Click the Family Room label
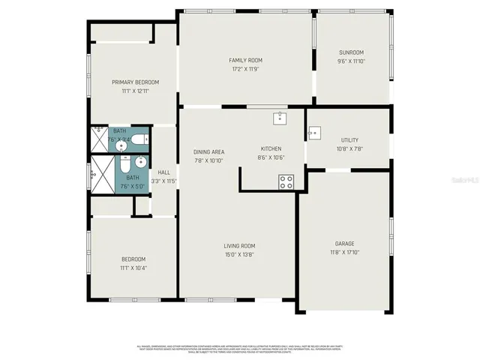point(245,60)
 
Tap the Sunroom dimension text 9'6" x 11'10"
point(351,61)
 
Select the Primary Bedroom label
point(135,82)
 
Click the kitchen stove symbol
point(286,181)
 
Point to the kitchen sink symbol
point(279,118)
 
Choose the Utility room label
point(349,140)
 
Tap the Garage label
point(344,243)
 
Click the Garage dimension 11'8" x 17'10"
point(344,253)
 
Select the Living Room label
point(239,246)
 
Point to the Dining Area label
point(209,151)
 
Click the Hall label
point(163,172)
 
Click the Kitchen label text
point(271,148)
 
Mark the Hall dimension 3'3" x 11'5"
point(163,181)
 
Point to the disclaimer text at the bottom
point(239,348)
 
